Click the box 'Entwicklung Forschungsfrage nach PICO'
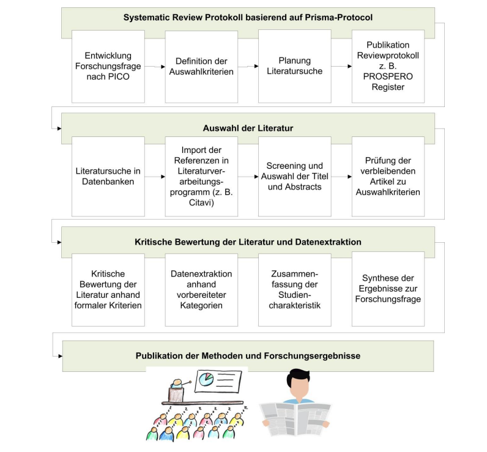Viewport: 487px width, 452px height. (108, 67)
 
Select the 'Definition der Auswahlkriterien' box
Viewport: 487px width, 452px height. (201, 67)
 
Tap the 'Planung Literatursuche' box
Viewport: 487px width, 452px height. (295, 66)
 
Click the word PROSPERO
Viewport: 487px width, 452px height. (388, 76)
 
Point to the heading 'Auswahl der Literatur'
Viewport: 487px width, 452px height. (248, 128)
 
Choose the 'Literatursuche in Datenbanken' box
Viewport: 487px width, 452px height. (108, 176)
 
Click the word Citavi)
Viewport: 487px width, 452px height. (201, 202)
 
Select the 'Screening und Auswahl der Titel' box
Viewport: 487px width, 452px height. (295, 176)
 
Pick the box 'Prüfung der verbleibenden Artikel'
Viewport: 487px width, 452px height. (388, 176)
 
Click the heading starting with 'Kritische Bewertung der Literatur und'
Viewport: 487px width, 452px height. (248, 242)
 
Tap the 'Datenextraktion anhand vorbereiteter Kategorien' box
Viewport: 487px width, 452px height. (201, 290)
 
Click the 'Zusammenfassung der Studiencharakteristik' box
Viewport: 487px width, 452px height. (295, 290)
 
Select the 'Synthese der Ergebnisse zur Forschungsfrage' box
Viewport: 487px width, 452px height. (388, 289)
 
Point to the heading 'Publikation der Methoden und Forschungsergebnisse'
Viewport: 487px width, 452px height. (248, 356)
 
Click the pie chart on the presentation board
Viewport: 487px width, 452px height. (206, 379)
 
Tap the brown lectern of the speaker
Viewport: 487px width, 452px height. (176, 395)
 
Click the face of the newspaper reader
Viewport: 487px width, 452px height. (298, 387)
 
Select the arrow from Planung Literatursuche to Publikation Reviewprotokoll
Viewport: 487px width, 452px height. (341, 66)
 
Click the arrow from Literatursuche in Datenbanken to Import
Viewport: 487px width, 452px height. (155, 177)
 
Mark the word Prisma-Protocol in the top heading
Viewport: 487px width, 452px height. (339, 17)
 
